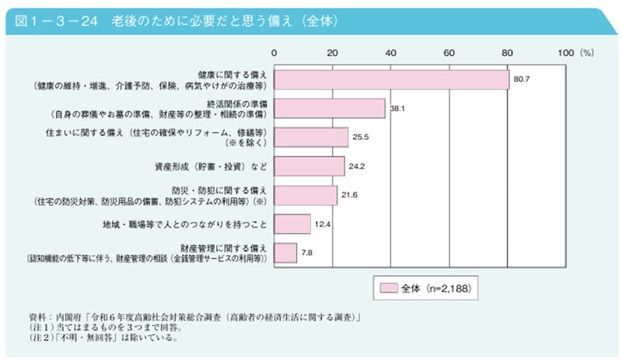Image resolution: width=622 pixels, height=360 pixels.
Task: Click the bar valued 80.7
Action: pyautogui.click(x=391, y=79)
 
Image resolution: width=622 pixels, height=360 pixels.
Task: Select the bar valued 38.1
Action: pyautogui.click(x=330, y=108)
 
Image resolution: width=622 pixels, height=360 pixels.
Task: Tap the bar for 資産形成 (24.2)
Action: pyautogui.click(x=309, y=166)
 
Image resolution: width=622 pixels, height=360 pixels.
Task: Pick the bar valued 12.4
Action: pyautogui.click(x=292, y=224)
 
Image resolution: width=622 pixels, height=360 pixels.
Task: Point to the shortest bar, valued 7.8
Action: pyautogui.click(x=285, y=253)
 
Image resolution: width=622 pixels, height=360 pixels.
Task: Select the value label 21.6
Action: pyautogui.click(x=349, y=195)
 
